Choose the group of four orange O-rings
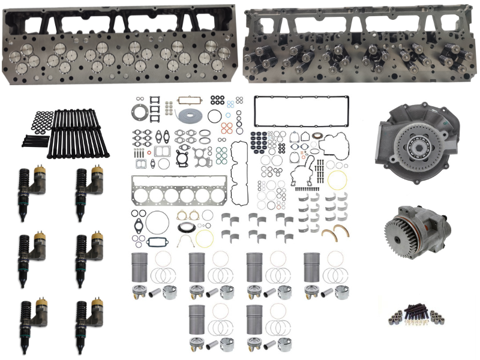click(226, 128)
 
